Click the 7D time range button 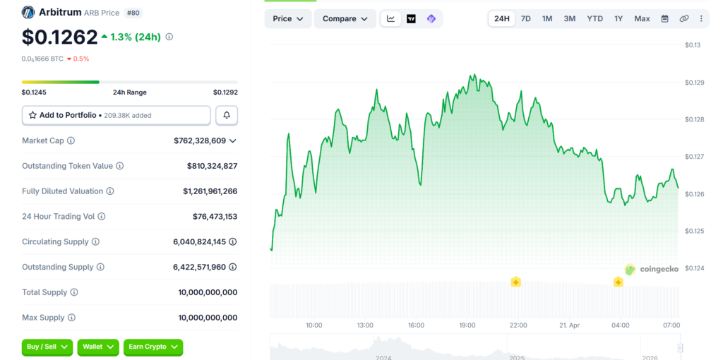(x=526, y=18)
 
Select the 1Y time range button (x=619, y=18)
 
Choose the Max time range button (x=642, y=18)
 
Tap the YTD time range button (x=594, y=18)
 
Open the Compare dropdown (x=345, y=18)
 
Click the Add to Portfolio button (x=116, y=115)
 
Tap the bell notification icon (x=227, y=115)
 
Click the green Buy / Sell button (x=47, y=347)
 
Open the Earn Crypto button (x=153, y=347)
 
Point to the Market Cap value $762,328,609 (x=200, y=140)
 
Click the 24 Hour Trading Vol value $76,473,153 (x=215, y=217)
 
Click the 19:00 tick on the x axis (x=467, y=325)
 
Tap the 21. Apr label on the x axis (x=570, y=325)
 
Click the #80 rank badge (x=132, y=13)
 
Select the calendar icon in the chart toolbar (x=664, y=18)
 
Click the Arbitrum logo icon (x=28, y=13)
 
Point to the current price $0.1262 (x=59, y=37)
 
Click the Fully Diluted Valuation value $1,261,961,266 (x=210, y=191)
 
